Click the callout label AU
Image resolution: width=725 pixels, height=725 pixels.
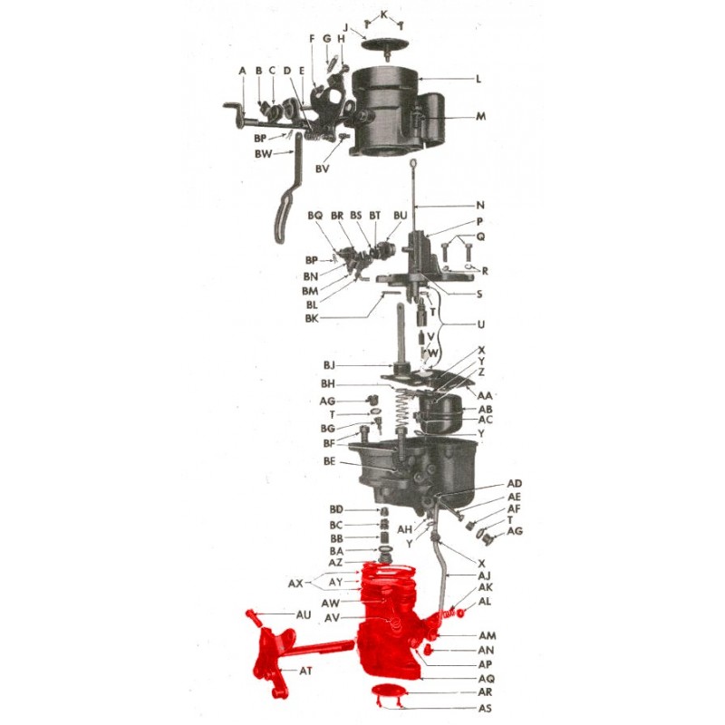304,614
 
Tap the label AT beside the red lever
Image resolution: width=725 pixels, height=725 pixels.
305,670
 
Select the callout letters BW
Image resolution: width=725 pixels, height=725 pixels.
264,154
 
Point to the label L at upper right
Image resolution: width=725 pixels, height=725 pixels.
478,79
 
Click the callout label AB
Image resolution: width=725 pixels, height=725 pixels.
485,410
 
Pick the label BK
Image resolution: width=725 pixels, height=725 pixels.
312,319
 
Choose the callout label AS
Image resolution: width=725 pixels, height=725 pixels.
485,708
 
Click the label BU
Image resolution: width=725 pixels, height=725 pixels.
401,216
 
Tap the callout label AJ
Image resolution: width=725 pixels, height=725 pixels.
484,575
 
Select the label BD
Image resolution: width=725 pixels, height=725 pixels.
336,509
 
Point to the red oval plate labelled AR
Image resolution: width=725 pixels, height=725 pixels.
389,691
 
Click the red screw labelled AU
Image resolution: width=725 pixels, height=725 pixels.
254,617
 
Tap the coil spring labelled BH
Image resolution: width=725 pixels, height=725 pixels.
403,412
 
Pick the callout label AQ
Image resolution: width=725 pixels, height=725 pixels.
486,678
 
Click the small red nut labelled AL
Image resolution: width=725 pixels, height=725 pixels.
460,614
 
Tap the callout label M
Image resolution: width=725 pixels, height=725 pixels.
481,116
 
